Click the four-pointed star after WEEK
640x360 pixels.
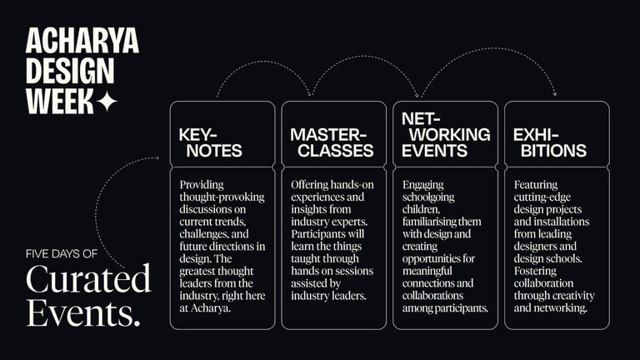point(106,102)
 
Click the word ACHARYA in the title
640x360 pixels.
point(82,42)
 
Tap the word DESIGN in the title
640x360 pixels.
point(71,72)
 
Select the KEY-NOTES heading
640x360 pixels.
point(210,142)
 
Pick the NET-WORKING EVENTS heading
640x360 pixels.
point(445,135)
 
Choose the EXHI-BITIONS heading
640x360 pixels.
point(549,142)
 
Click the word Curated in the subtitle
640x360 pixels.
point(87,280)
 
